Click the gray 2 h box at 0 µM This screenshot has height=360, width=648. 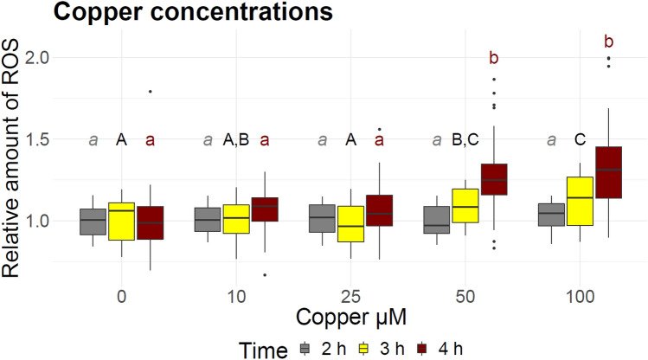(93, 222)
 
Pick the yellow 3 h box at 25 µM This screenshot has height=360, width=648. (350, 224)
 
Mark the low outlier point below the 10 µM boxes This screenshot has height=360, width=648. (265, 274)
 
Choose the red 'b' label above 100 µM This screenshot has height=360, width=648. (608, 42)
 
